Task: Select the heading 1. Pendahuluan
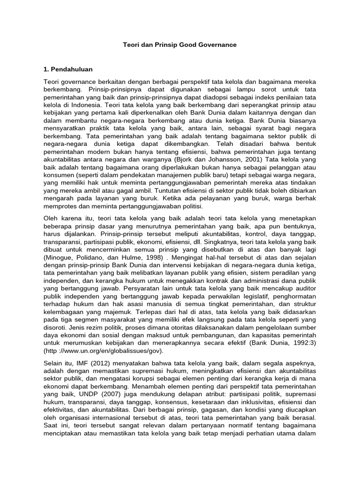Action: click(x=67, y=69)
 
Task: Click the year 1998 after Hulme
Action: click(x=152, y=258)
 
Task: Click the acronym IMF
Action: click(x=83, y=363)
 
